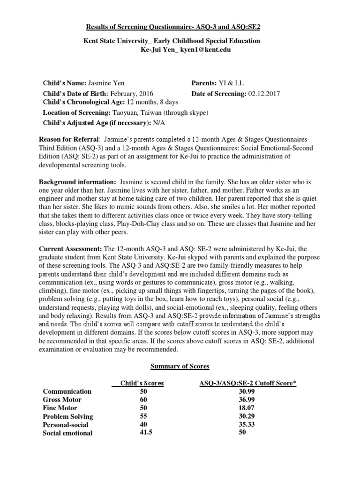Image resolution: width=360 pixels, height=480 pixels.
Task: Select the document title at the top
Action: pyautogui.click(x=180, y=28)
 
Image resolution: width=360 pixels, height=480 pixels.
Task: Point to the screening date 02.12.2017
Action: pyautogui.click(x=263, y=93)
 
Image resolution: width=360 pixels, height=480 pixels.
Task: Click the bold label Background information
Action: pyautogui.click(x=77, y=181)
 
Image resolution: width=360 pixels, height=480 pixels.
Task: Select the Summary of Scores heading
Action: pyautogui.click(x=180, y=366)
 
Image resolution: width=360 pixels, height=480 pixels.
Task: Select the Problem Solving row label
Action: pyautogui.click(x=68, y=416)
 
